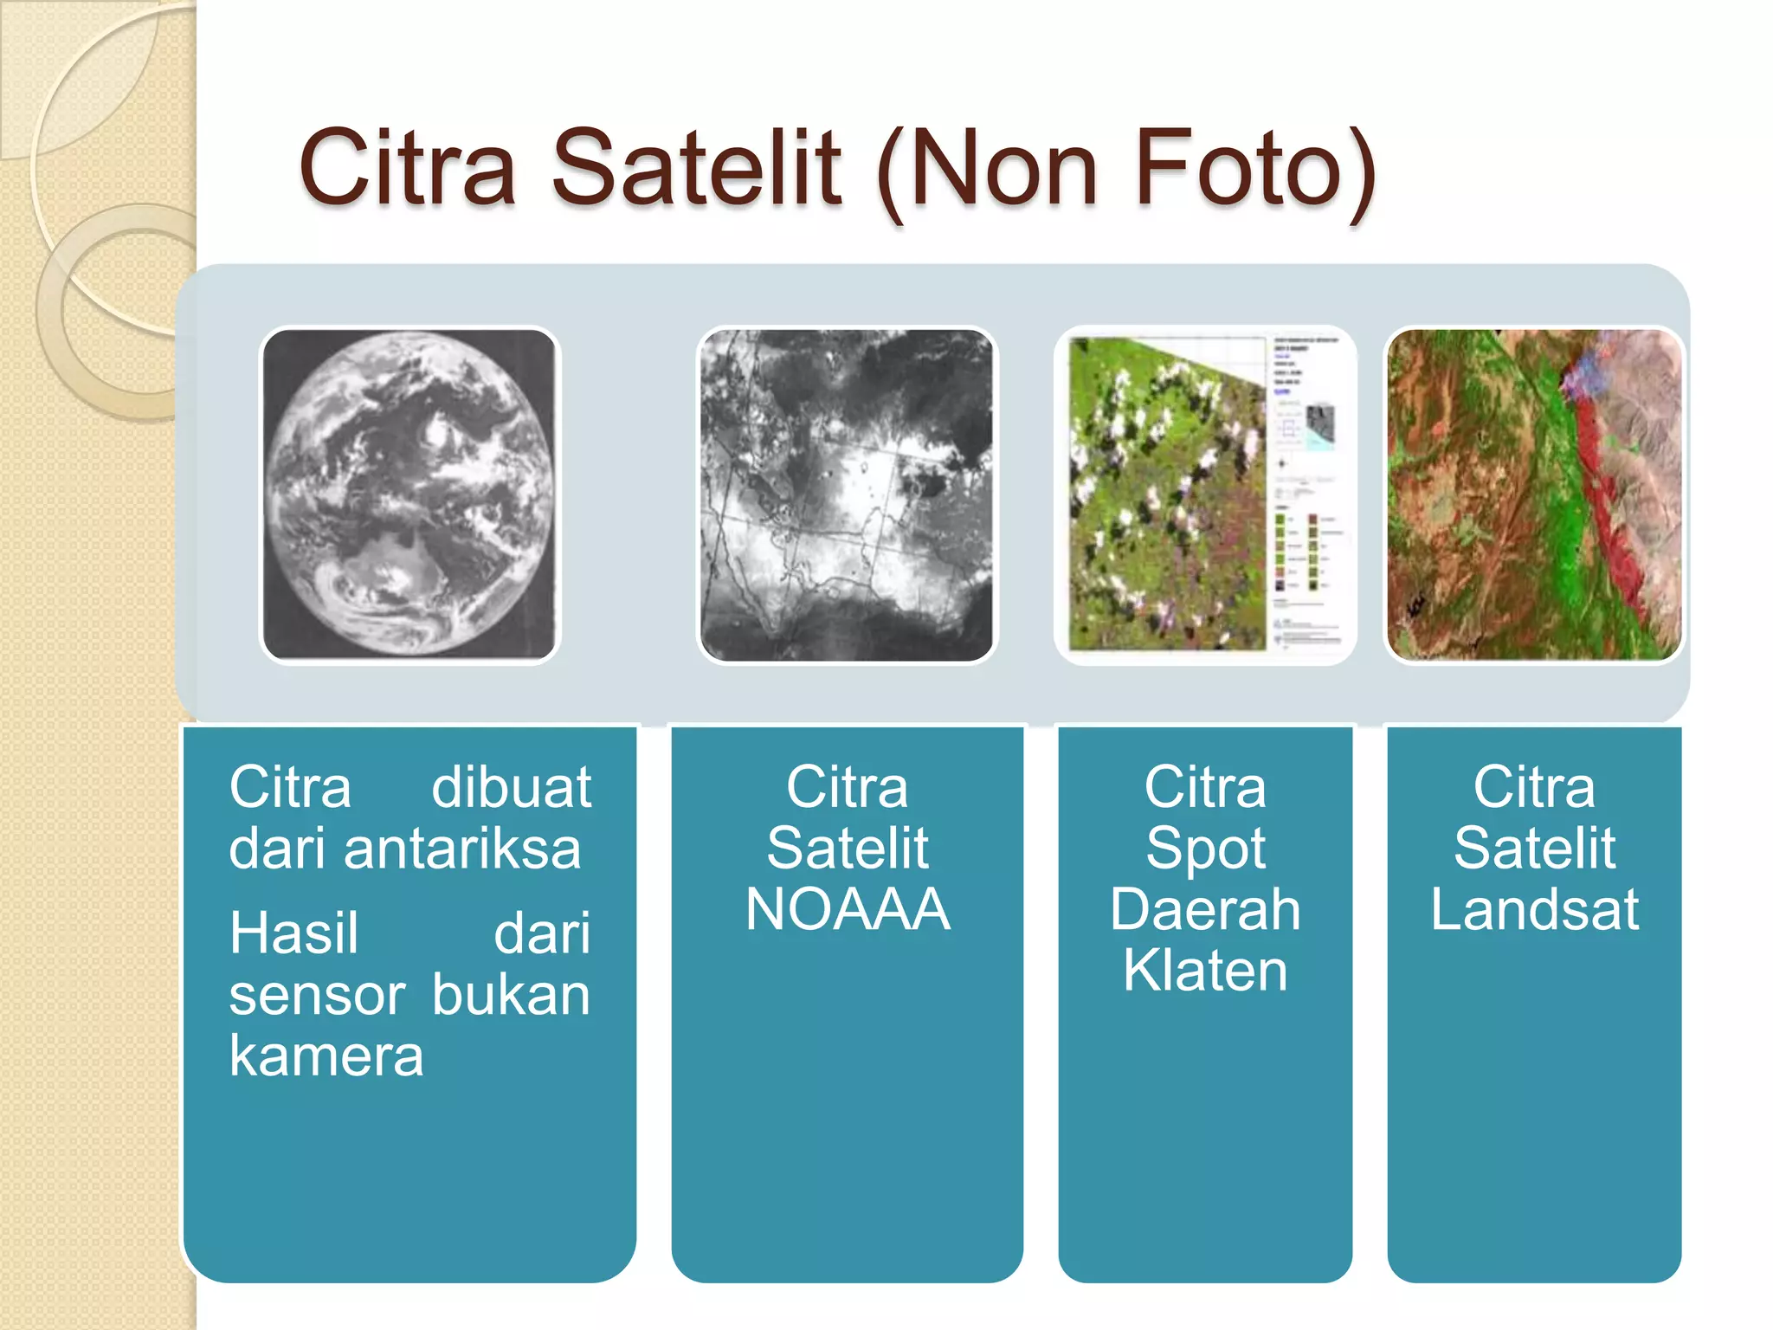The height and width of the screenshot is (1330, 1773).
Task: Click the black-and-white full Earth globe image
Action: click(409, 494)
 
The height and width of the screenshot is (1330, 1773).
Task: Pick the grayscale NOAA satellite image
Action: click(847, 494)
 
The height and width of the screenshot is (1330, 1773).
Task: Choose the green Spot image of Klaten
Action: click(1169, 494)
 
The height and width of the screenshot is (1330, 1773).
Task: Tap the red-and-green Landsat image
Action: click(1534, 494)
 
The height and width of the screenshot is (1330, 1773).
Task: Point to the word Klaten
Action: click(1205, 970)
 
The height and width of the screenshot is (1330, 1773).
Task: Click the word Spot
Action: click(1205, 849)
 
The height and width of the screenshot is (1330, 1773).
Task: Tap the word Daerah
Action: click(1205, 909)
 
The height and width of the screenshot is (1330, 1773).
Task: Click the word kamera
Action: click(326, 1056)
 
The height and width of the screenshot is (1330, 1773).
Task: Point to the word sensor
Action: click(317, 996)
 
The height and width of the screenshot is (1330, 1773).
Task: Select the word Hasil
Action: click(293, 934)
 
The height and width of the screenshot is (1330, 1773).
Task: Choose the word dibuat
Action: click(511, 788)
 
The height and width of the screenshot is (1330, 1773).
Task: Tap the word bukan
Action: click(511, 996)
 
